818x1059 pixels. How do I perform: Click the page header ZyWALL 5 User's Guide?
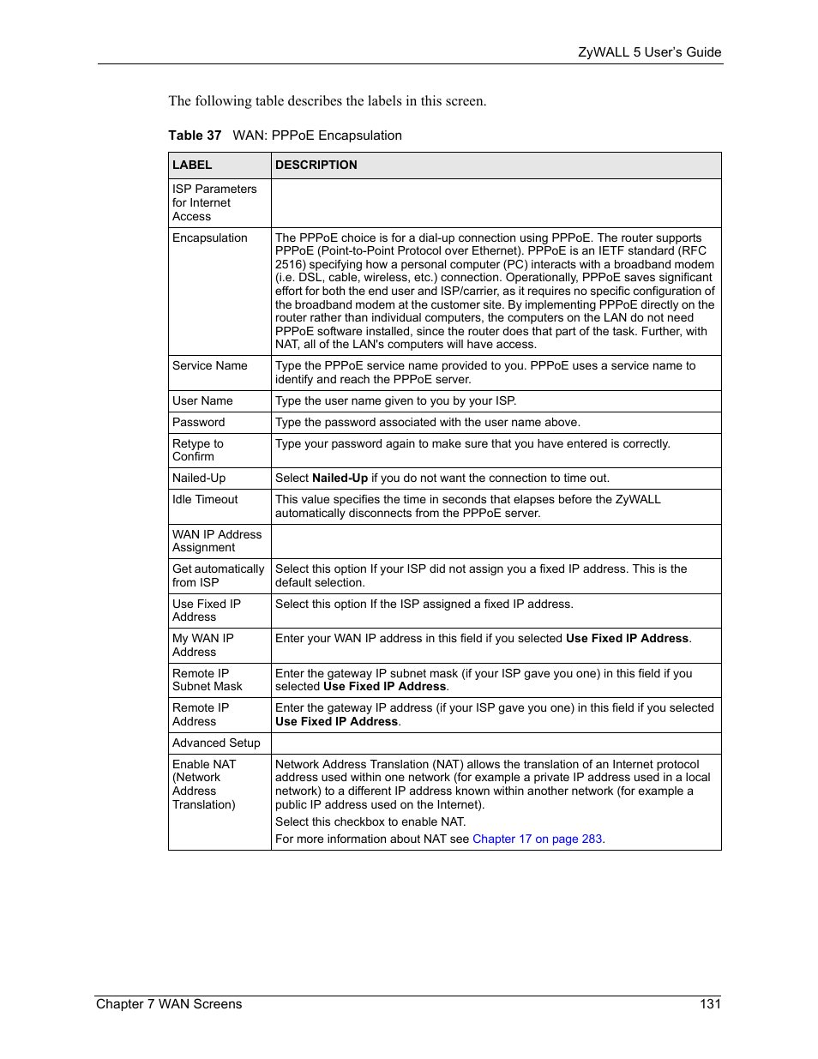tap(649, 52)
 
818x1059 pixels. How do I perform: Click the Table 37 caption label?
tap(195, 135)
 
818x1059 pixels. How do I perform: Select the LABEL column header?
tap(192, 165)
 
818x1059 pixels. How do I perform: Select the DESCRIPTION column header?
tap(316, 165)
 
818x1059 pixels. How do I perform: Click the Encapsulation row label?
tap(210, 238)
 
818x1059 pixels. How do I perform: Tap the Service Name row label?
tap(210, 366)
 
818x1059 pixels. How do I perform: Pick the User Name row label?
tap(202, 401)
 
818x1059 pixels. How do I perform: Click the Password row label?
tap(199, 423)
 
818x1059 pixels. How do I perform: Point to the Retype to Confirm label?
tap(198, 450)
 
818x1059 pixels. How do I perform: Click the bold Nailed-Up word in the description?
tap(340, 478)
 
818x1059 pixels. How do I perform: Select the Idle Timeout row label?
tap(206, 500)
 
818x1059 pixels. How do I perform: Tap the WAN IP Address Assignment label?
tap(217, 541)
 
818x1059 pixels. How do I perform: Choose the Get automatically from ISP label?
tap(219, 576)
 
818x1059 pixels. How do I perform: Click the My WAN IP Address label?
tap(203, 645)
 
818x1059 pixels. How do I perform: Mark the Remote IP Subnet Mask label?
tap(208, 680)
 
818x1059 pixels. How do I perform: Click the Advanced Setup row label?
tap(216, 743)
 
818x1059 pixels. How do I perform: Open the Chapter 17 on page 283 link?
tap(538, 839)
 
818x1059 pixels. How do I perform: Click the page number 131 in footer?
tap(710, 1004)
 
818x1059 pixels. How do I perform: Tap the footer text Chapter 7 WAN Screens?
tap(169, 1004)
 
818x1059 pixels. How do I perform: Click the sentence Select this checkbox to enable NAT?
tap(370, 822)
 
